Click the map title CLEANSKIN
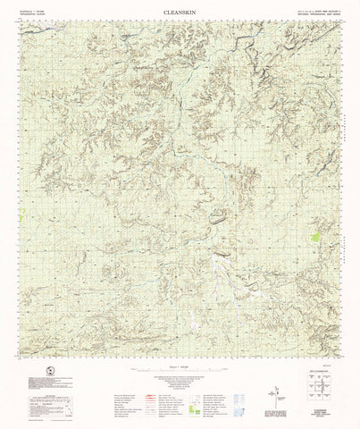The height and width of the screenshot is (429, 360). (x=180, y=12)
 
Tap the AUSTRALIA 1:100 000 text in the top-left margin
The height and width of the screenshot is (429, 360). (x=31, y=10)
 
